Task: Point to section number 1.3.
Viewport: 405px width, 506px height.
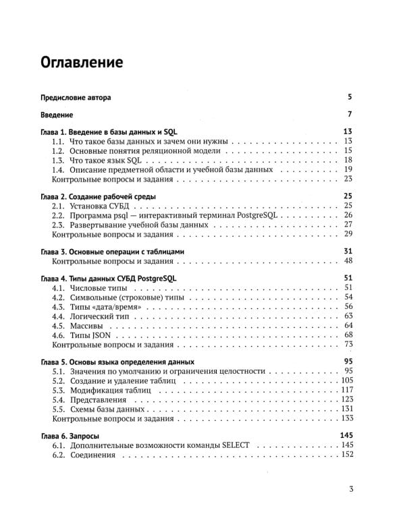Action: click(59, 160)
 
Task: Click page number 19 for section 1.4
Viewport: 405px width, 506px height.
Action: click(349, 169)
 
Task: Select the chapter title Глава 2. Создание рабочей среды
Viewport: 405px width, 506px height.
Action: click(98, 196)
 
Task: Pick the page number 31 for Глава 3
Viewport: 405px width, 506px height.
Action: click(349, 252)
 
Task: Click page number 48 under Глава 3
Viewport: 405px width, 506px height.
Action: click(349, 261)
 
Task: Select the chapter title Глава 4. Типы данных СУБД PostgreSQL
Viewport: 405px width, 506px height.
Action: click(110, 279)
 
